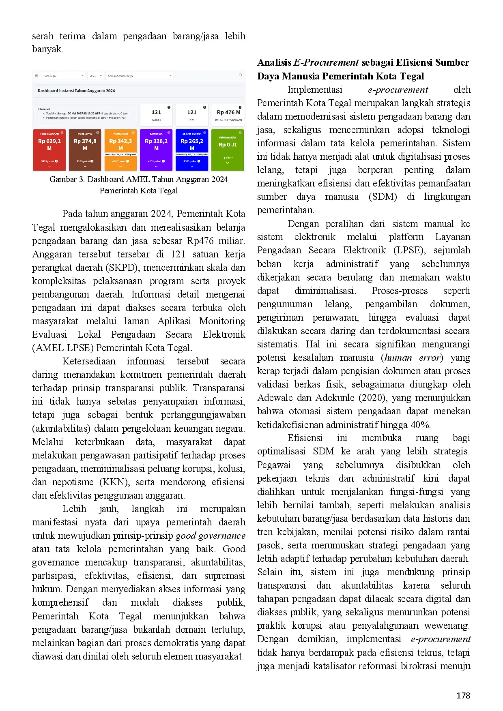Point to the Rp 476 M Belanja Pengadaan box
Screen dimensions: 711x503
[x=228, y=115]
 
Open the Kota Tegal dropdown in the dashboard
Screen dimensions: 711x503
[x=63, y=76]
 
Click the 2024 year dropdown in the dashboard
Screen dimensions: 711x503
[x=96, y=76]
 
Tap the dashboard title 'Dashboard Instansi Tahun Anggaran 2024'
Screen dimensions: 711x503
[x=76, y=91]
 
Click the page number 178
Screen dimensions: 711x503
[x=463, y=696]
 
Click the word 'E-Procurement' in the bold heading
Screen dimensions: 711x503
[x=326, y=62]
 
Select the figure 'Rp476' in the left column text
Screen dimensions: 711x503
[x=200, y=241]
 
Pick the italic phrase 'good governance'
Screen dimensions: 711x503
[x=211, y=535]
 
